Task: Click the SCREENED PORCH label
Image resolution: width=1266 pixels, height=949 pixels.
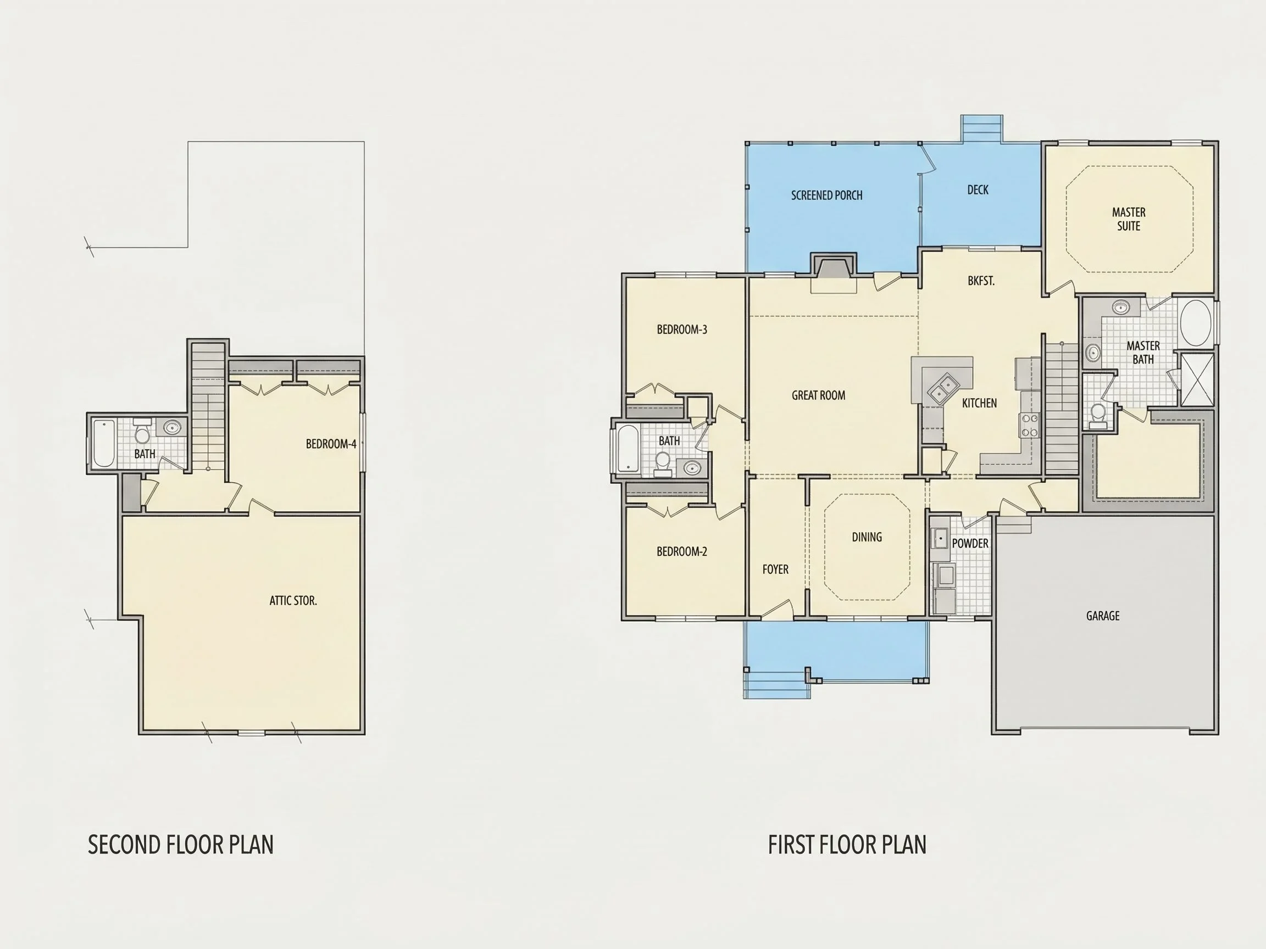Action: click(826, 195)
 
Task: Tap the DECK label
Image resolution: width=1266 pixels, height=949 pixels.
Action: click(978, 190)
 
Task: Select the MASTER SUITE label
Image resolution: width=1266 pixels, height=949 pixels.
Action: click(1129, 219)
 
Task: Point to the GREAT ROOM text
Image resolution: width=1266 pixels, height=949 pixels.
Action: click(818, 395)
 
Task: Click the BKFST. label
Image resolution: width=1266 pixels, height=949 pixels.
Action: click(981, 281)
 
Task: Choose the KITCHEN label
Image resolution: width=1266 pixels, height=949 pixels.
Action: click(979, 403)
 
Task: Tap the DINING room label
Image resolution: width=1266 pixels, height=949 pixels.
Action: click(867, 537)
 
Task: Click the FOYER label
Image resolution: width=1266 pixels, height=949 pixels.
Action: click(775, 569)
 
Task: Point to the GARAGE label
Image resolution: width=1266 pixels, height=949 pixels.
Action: click(1103, 616)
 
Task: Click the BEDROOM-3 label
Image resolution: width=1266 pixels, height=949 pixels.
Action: click(682, 330)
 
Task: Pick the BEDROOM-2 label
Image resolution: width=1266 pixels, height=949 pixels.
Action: click(682, 551)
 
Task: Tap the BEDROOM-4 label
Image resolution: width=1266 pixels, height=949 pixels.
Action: click(331, 444)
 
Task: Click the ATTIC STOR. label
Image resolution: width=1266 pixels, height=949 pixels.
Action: click(293, 601)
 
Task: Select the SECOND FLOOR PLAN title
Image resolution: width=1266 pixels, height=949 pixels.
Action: click(181, 845)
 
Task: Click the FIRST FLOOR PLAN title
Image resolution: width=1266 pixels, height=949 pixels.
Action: click(847, 845)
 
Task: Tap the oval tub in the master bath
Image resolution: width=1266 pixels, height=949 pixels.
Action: click(1196, 323)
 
